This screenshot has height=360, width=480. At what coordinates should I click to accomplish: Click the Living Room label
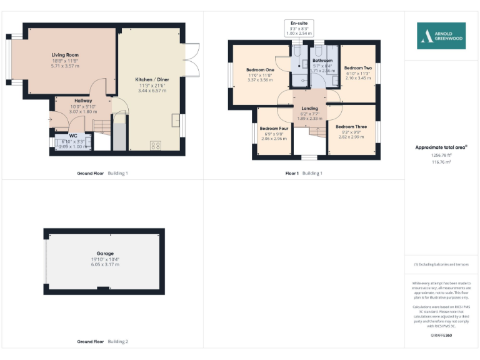(65, 55)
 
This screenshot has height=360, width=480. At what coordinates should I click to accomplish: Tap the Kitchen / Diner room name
(152, 80)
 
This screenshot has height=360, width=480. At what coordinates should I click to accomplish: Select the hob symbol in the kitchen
(155, 146)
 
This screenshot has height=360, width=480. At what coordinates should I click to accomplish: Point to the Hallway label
(83, 101)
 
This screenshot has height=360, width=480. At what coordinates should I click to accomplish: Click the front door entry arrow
(50, 118)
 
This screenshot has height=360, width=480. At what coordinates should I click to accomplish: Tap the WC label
(73, 136)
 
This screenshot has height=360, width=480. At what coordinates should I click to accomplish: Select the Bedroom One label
(260, 69)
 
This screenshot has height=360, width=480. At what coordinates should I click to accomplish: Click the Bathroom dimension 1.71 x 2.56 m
(323, 71)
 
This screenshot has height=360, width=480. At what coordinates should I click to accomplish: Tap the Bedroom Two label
(358, 67)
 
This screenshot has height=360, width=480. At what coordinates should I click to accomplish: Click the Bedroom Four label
(274, 128)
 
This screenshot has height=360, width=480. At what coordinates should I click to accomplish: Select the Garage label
(105, 254)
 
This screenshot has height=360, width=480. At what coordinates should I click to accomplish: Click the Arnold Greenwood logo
(441, 36)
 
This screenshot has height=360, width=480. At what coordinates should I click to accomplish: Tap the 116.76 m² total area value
(441, 161)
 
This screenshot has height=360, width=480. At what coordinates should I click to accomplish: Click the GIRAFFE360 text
(441, 336)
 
